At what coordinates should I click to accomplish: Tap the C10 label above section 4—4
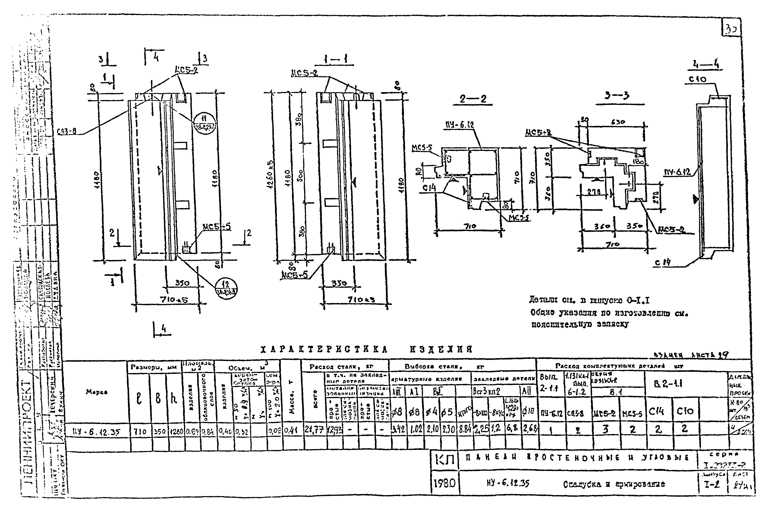tap(698, 80)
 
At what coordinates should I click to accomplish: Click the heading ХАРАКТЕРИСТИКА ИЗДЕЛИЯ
tap(366, 349)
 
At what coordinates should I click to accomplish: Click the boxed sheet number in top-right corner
tap(731, 30)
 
